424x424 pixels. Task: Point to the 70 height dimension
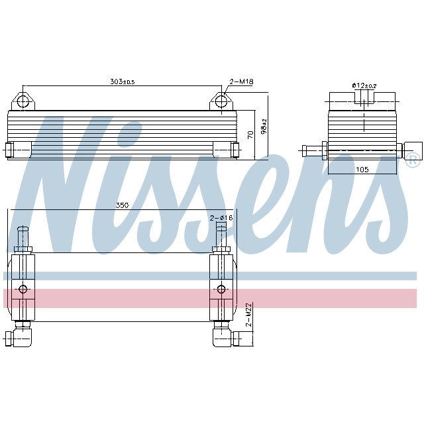point(250,134)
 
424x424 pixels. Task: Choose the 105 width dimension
point(362,169)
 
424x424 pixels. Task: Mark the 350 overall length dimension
point(122,205)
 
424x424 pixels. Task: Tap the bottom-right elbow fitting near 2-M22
point(229,338)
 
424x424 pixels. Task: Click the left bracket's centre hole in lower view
point(24,289)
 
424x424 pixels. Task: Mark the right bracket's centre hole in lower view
point(221,289)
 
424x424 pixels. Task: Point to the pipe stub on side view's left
point(311,149)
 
